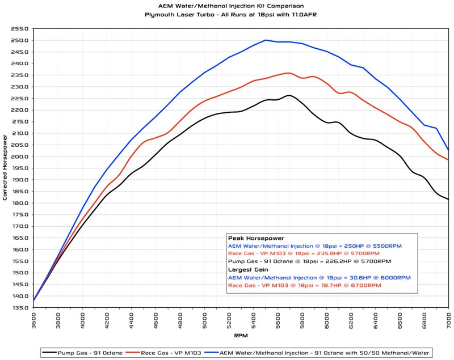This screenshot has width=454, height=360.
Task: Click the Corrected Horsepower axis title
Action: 5,168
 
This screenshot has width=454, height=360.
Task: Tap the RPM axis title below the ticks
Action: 241,336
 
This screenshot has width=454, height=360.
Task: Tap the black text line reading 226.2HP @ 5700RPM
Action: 310,262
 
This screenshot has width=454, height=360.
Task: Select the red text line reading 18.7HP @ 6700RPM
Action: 303,286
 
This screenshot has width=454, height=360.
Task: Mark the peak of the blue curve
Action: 266,40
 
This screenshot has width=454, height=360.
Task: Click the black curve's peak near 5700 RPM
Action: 289,95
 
